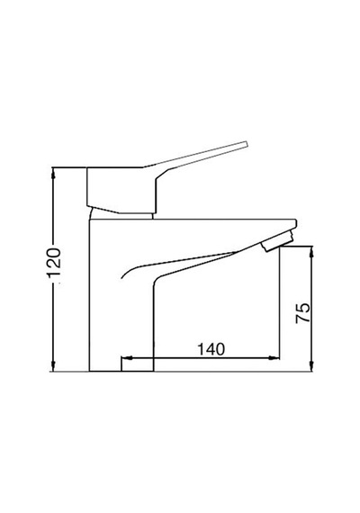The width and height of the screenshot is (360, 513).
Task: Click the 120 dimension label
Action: tap(54, 263)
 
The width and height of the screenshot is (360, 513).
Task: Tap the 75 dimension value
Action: tap(302, 313)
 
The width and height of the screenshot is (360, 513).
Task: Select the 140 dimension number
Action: tap(211, 349)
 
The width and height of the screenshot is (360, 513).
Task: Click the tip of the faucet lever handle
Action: tap(246, 144)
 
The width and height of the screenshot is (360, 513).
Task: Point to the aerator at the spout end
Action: tap(277, 241)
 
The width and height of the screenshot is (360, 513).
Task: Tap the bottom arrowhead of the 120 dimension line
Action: tap(54, 366)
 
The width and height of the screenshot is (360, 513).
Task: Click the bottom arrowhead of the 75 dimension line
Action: tap(311, 366)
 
